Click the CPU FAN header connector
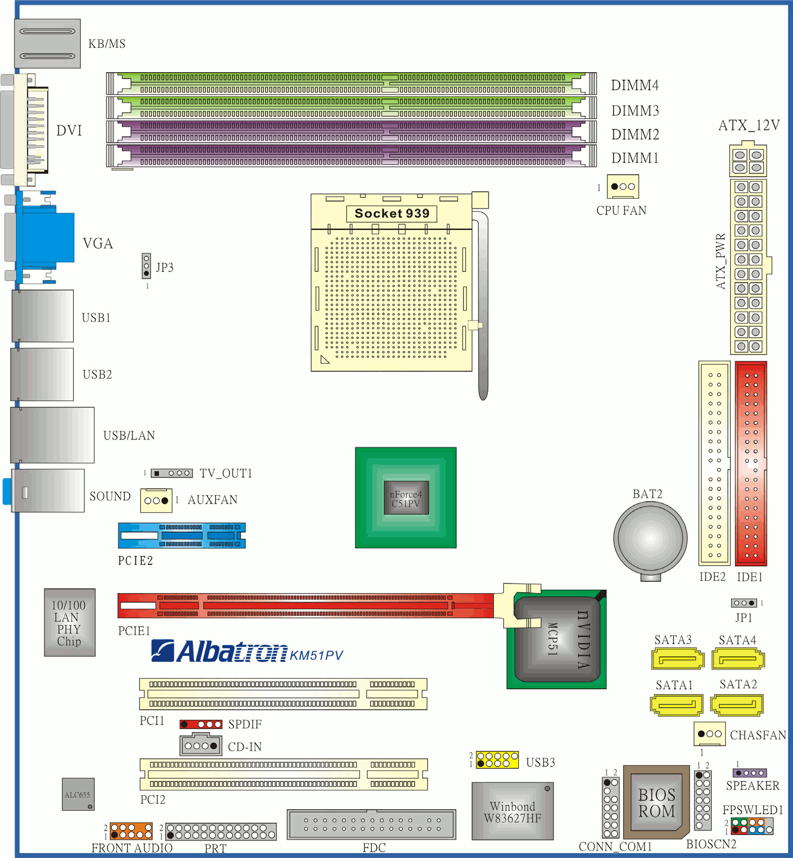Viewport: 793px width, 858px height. click(623, 187)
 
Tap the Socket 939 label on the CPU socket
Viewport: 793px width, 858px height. click(392, 214)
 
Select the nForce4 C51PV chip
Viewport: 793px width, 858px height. click(406, 498)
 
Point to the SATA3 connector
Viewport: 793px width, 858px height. click(678, 659)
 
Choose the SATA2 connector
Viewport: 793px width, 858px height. click(737, 705)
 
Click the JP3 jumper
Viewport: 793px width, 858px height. click(146, 266)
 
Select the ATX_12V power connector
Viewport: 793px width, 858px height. click(748, 160)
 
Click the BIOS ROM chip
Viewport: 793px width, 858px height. click(657, 802)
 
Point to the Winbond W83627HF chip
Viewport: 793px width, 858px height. click(513, 811)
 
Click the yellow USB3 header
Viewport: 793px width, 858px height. click(497, 760)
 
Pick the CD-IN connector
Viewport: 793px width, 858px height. click(201, 745)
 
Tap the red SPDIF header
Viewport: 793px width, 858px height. click(201, 724)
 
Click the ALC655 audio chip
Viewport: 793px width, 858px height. click(78, 794)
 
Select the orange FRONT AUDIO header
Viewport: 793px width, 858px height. click(131, 831)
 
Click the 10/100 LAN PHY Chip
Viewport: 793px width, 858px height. click(70, 623)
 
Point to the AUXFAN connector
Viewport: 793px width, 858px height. click(156, 500)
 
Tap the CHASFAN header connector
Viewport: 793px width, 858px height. click(709, 734)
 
